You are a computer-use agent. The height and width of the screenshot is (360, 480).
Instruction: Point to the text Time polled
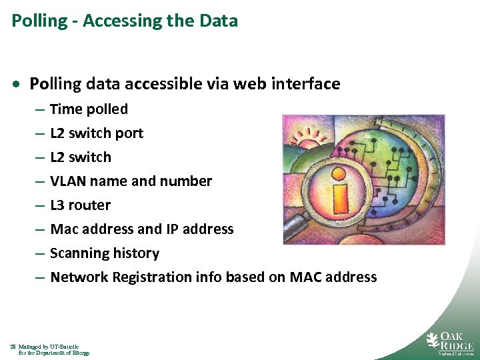coord(89,109)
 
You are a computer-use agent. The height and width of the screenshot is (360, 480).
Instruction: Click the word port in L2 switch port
coord(129,133)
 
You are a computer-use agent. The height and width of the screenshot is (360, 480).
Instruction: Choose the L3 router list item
coord(80,205)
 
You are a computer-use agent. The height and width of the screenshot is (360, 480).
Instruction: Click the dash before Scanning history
coord(40,253)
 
